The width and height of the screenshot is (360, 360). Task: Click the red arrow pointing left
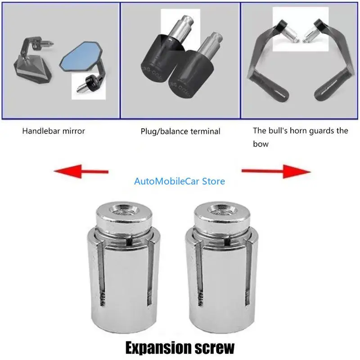click(x=81, y=171)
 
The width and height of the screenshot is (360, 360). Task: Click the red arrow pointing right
click(x=276, y=171)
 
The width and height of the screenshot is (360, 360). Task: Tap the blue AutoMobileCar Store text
click(x=180, y=181)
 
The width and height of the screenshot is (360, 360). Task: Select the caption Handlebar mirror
click(x=54, y=131)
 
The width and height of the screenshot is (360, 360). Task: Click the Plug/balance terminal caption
click(x=180, y=131)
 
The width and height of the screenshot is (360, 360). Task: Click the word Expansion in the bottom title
click(x=155, y=347)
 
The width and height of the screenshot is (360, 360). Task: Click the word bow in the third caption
click(x=261, y=144)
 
